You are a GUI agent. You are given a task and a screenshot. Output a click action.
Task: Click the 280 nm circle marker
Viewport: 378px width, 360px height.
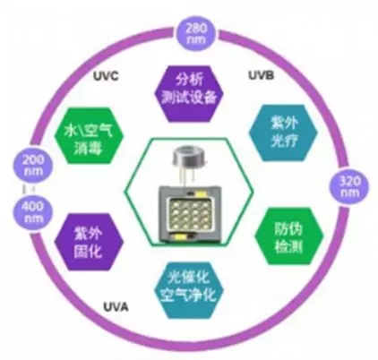(x=196, y=34)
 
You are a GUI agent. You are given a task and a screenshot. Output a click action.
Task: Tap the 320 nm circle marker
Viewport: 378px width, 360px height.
(x=349, y=186)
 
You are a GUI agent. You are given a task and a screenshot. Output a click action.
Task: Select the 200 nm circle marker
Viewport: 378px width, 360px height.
(x=32, y=165)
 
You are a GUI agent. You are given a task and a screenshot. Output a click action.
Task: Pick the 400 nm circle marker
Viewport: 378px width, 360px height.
(x=32, y=212)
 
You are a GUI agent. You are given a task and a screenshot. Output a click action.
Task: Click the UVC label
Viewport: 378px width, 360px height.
(x=106, y=76)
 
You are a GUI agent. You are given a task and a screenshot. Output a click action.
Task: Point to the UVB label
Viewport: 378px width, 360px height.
(x=262, y=75)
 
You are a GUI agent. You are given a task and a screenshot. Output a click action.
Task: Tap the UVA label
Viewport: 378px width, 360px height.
(x=116, y=306)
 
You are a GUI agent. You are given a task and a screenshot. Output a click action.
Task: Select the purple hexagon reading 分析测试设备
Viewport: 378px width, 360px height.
(x=189, y=94)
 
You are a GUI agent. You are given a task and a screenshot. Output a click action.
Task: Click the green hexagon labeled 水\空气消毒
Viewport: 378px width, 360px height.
(x=89, y=136)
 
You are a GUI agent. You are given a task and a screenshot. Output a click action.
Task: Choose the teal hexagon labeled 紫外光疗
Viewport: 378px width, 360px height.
(x=283, y=133)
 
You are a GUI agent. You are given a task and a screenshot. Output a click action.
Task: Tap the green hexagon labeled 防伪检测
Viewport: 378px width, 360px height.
(x=289, y=236)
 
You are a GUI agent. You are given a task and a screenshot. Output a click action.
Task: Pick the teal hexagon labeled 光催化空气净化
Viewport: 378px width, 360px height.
(x=189, y=290)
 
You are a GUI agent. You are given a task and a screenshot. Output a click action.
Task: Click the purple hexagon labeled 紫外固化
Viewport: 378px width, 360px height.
(x=89, y=242)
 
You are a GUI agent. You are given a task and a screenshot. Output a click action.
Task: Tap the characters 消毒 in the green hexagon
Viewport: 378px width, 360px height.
(x=89, y=147)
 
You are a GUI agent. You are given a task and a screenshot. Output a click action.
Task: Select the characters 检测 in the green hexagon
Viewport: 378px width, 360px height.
(x=288, y=247)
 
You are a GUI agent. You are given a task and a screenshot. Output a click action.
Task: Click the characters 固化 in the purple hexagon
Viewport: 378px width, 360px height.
(x=89, y=253)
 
